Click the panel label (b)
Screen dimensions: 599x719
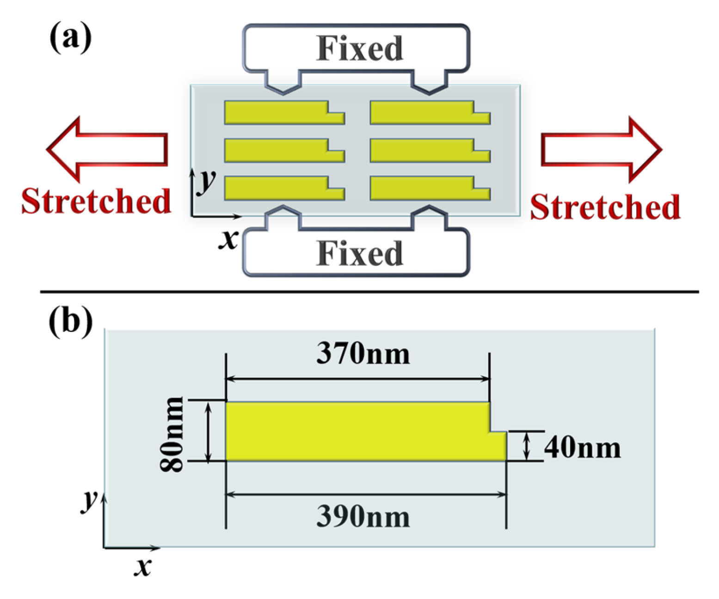70,321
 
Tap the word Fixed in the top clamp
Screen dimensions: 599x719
359,49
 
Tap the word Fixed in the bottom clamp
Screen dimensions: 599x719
359,254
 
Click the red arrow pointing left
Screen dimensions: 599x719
106,149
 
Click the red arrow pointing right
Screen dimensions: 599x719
601,149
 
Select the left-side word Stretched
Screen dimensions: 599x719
96,202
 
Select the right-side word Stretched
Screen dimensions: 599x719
605,207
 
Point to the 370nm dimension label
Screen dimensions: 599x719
363,354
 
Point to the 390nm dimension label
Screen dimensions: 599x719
363,516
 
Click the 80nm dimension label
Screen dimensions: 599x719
172,434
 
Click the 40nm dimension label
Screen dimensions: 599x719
582,448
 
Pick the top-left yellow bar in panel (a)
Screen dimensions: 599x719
277,113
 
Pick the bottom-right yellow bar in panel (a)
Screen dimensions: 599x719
423,188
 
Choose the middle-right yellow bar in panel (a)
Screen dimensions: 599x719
423,151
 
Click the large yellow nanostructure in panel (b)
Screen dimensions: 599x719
356,432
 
